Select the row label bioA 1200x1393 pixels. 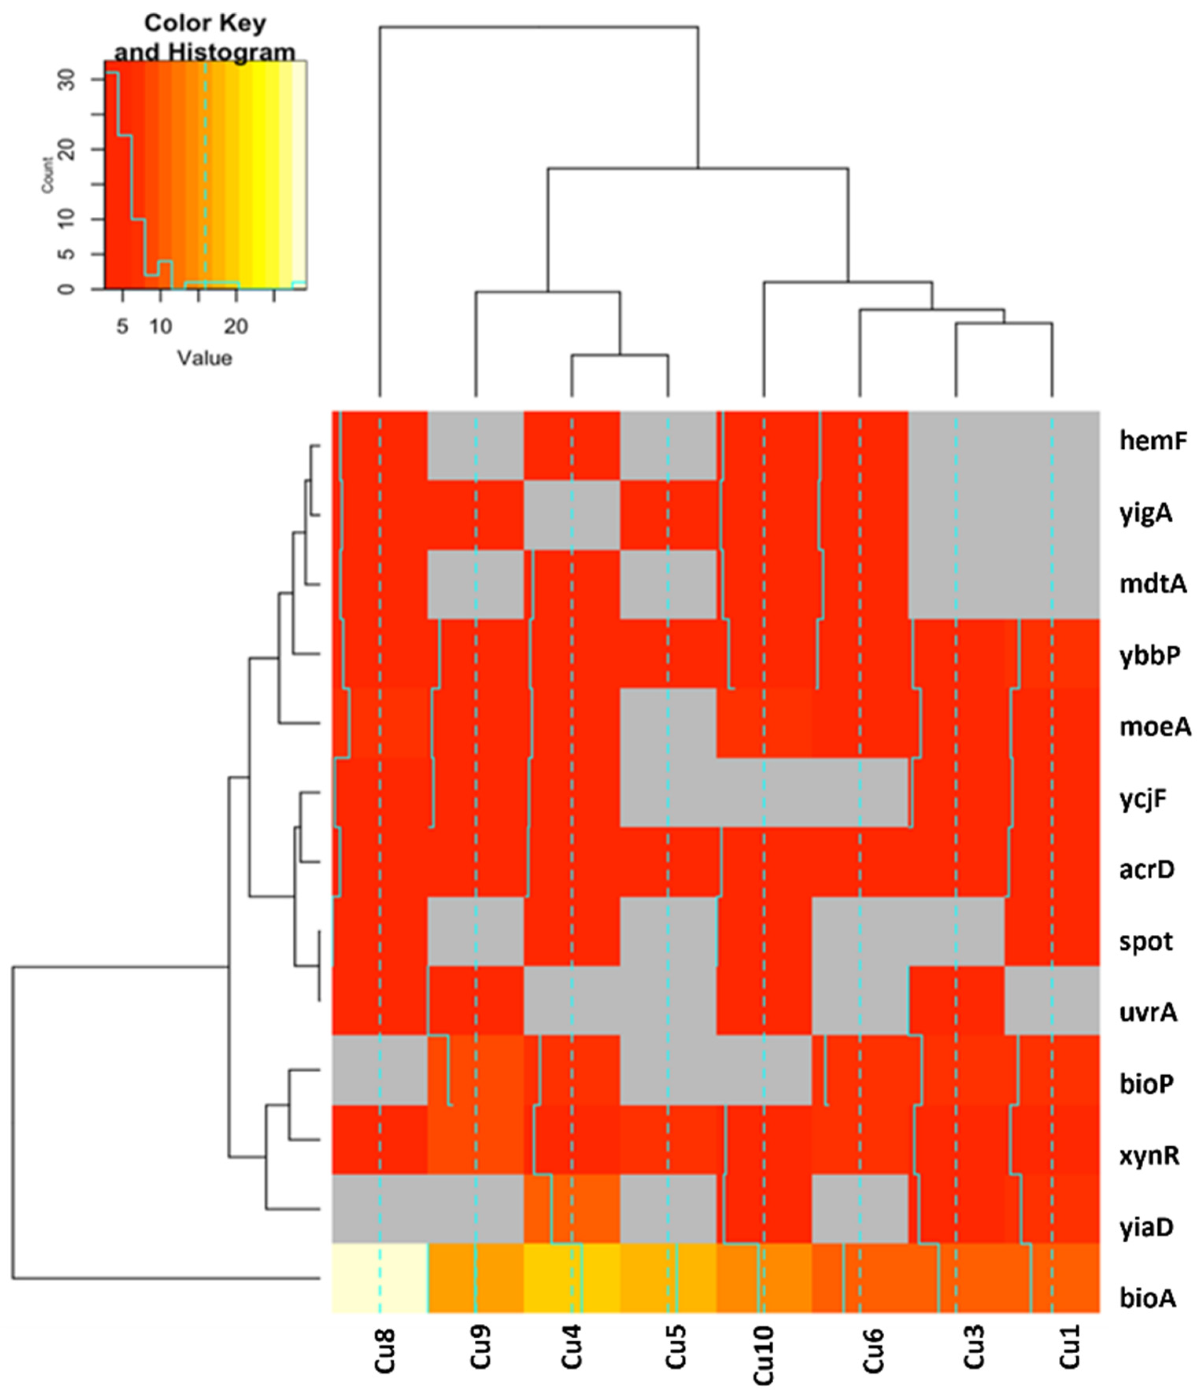1148,1298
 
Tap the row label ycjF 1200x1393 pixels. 1143,800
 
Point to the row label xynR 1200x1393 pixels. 1149,1156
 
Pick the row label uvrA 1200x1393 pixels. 1148,1012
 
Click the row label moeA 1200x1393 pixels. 1155,727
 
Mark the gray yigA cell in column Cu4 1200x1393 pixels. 571,515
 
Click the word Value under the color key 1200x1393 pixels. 205,357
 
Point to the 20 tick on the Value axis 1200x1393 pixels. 236,328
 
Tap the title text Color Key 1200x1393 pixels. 205,24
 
